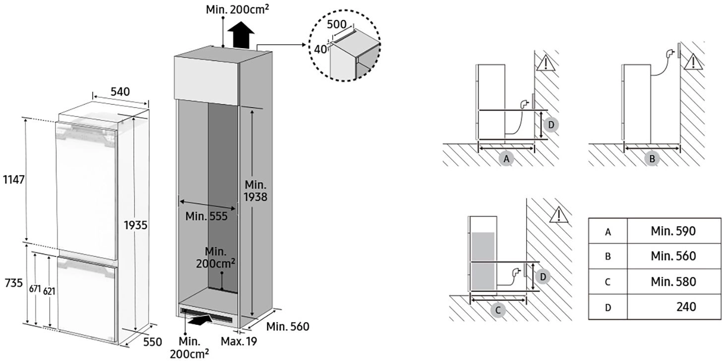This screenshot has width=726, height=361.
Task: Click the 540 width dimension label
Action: point(120,92)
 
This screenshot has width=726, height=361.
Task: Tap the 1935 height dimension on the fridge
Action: point(135,225)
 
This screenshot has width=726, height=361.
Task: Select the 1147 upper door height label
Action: point(13,179)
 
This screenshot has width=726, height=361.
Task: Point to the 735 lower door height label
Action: point(13,283)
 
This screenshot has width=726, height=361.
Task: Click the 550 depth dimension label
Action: point(152,342)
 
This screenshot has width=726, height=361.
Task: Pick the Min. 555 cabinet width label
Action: point(206,216)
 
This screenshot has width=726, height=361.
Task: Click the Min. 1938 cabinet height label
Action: point(255,191)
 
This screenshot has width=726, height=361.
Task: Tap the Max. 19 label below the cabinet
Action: point(239,341)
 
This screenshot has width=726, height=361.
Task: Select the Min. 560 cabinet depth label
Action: point(288,327)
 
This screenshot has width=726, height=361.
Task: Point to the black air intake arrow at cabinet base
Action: point(199,320)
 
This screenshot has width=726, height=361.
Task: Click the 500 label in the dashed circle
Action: point(336,24)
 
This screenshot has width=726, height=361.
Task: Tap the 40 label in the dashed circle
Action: point(320,50)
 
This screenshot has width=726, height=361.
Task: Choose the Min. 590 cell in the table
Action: point(673,231)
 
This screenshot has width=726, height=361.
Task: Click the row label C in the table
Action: point(607,282)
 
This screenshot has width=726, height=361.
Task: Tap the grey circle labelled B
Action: point(652,159)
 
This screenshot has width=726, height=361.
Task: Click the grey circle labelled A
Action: point(506,159)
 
